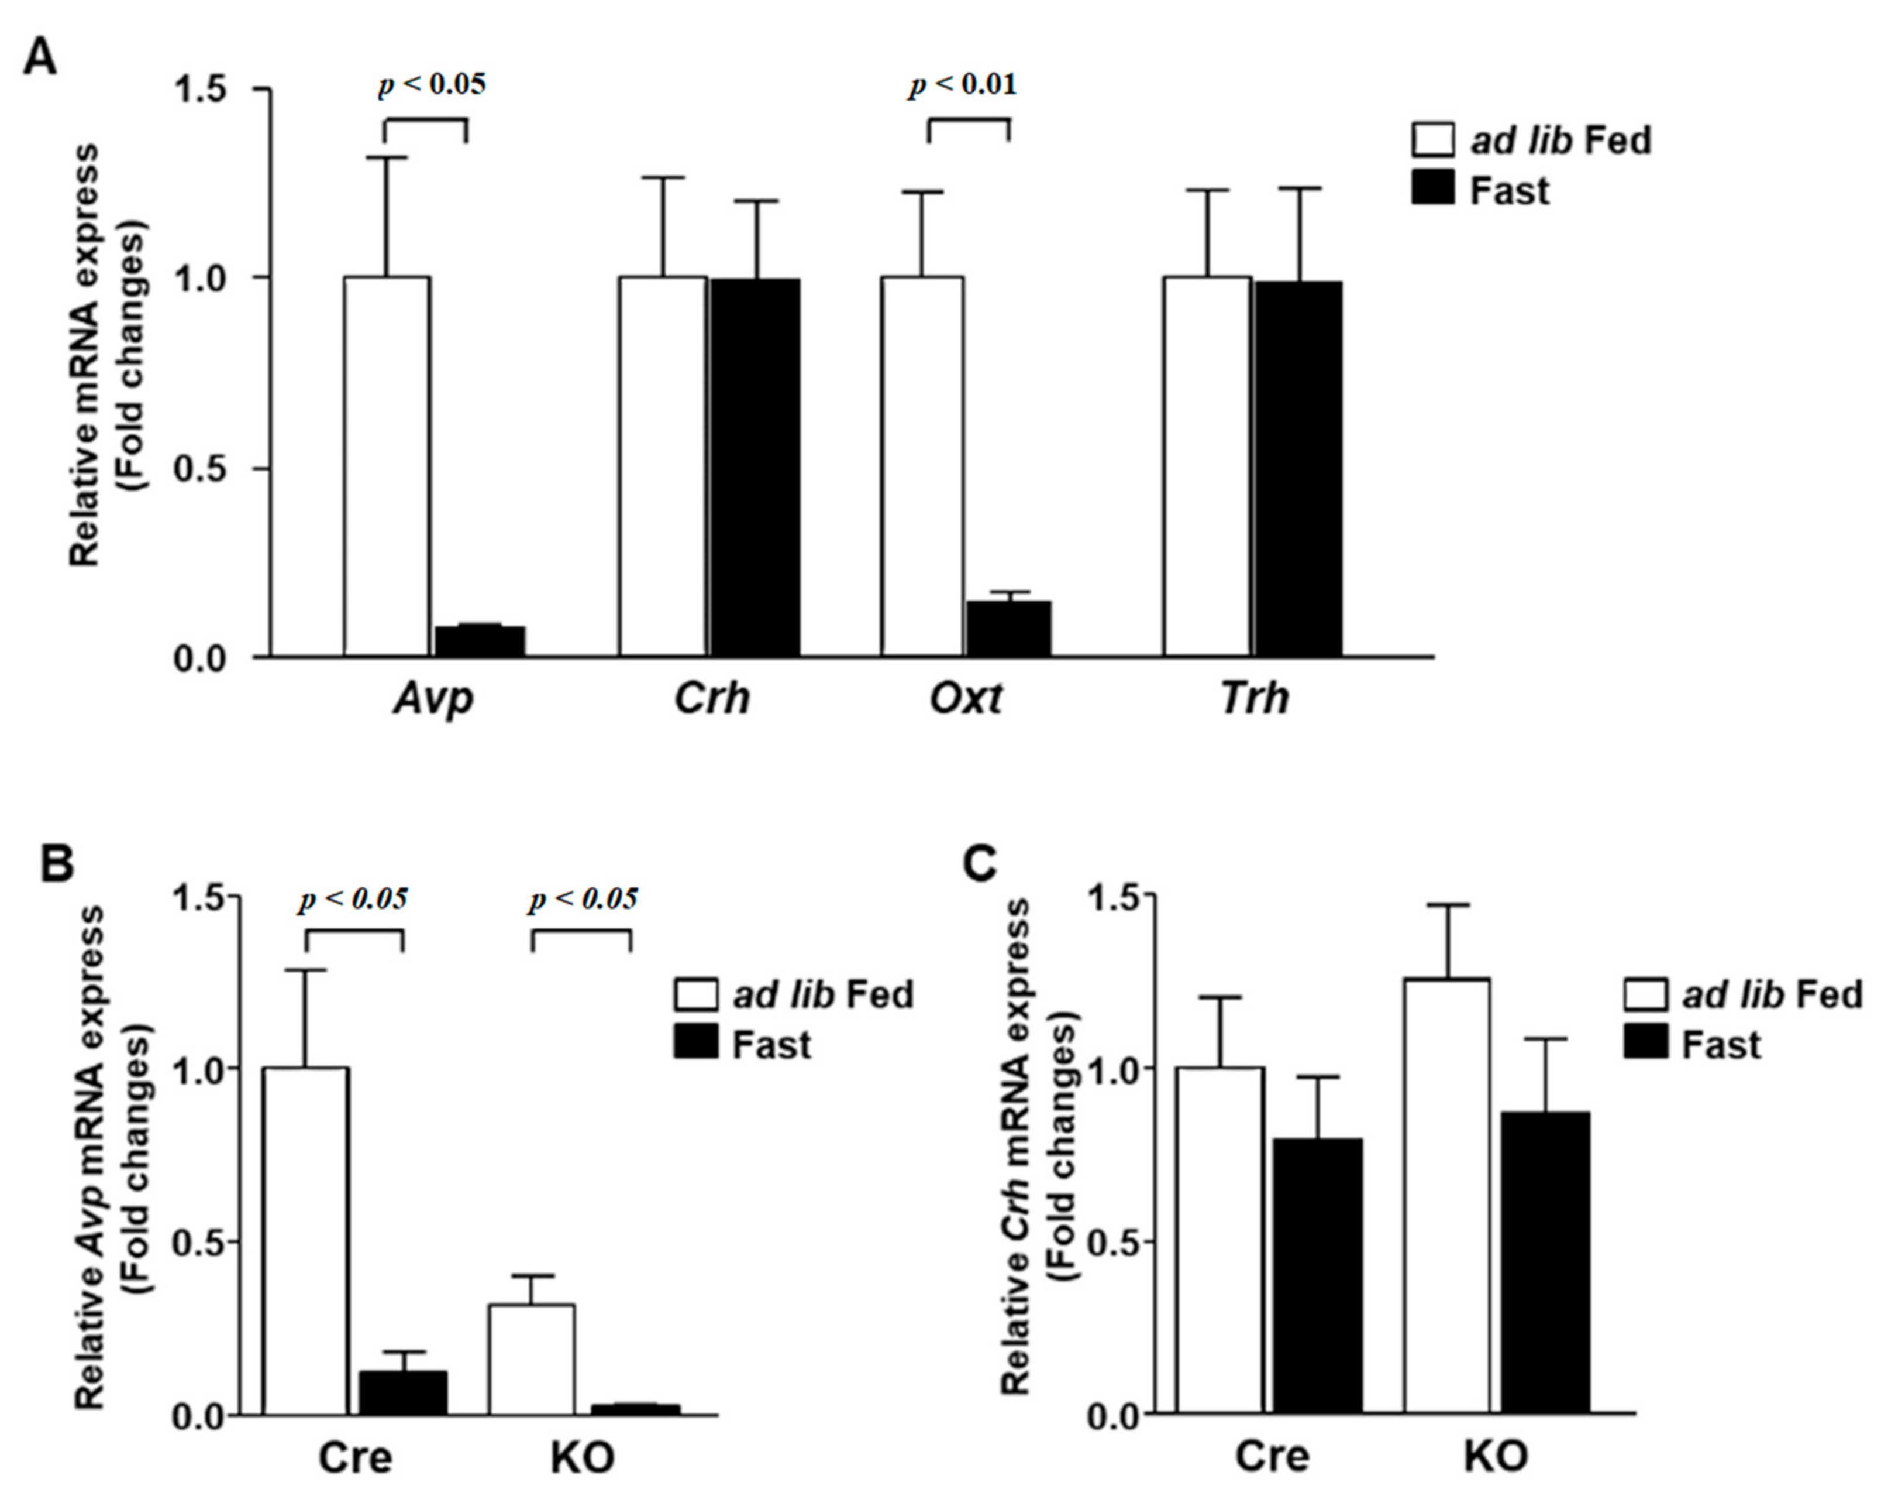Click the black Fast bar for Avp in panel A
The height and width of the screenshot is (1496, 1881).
tap(479, 641)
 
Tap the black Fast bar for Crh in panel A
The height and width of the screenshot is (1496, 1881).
tap(755, 467)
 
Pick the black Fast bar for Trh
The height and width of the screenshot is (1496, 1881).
tap(1298, 469)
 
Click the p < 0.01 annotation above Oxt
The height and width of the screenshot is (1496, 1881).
tap(962, 85)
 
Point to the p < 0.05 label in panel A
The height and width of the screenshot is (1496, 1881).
tap(432, 85)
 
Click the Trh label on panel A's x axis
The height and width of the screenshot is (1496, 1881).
tap(1254, 698)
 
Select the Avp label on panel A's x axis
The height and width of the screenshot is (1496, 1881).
tap(433, 698)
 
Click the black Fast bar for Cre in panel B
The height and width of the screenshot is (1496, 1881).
tap(403, 1392)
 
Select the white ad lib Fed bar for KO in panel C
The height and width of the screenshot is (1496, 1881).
tap(1446, 1196)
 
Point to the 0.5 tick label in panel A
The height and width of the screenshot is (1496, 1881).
tap(201, 469)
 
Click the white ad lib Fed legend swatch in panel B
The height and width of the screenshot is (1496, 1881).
tap(696, 994)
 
